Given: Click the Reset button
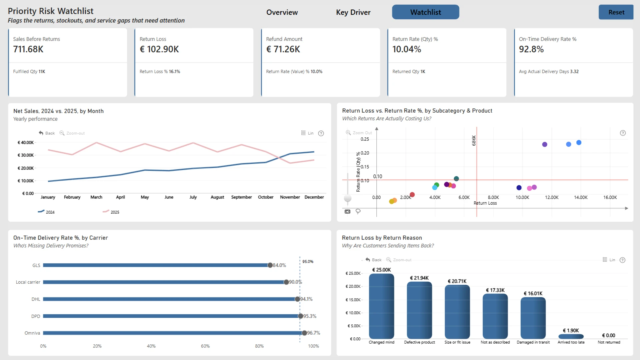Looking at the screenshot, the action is pos(616,12).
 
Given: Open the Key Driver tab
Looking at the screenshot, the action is pos(353,12).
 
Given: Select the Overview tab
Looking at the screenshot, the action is pos(282,12).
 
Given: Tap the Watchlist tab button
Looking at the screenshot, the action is pos(425,12).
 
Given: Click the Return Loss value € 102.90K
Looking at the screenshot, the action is pos(159,49).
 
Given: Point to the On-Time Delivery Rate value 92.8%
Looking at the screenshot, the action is pos(531,49).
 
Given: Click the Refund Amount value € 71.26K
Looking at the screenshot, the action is pos(283,49).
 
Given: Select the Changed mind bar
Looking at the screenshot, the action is pos(381,306).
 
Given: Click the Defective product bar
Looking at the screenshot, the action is pos(419,310).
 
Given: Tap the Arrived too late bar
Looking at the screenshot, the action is pos(571,336).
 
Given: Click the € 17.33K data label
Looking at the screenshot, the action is pos(495,290).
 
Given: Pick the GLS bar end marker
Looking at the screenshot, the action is pos(270,265).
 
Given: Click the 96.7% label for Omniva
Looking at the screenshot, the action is pos(313,333).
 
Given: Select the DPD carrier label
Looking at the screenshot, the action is pos(36,316).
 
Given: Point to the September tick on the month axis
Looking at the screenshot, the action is pos(241,197).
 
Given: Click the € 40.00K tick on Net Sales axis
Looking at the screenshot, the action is pos(26,143).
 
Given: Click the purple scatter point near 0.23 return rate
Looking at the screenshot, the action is pos(545,144).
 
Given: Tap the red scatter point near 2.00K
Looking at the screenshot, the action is pos(412,195).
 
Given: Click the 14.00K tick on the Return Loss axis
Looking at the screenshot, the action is pos(581,198).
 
